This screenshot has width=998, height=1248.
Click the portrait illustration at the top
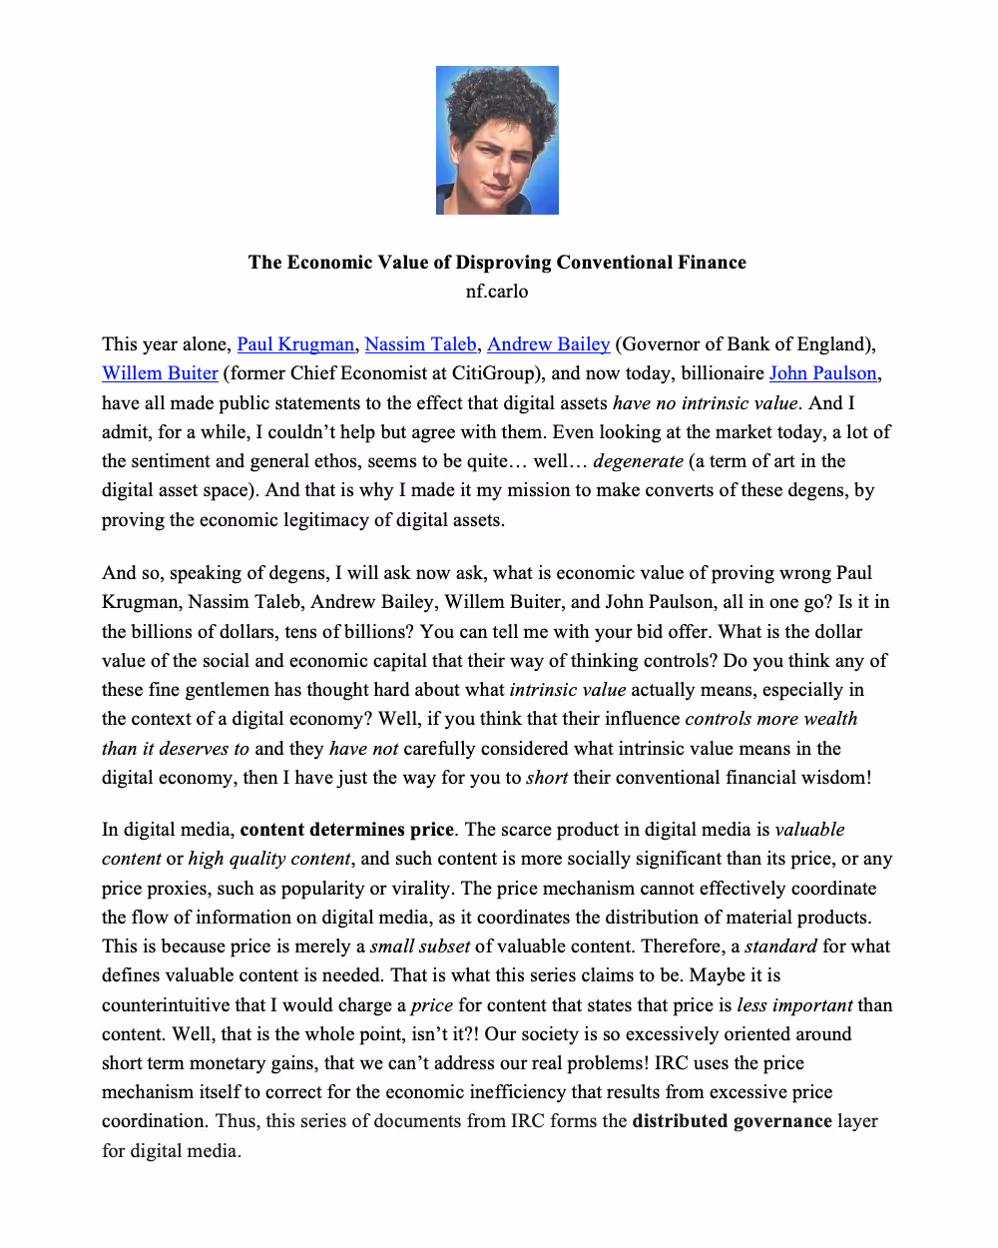pyautogui.click(x=497, y=140)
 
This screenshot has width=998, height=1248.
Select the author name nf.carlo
pyautogui.click(x=497, y=292)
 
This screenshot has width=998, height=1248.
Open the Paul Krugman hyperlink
pyautogui.click(x=295, y=344)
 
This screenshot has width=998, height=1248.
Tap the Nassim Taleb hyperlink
pyautogui.click(x=420, y=344)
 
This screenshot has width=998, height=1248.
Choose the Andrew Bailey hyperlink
pyautogui.click(x=548, y=344)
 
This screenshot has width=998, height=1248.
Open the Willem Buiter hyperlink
pyautogui.click(x=160, y=373)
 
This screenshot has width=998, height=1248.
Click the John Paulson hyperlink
pyautogui.click(x=822, y=373)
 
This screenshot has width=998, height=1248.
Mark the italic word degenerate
pyautogui.click(x=638, y=461)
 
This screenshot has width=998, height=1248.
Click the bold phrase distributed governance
pyautogui.click(x=732, y=1121)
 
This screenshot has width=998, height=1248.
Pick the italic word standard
pyautogui.click(x=781, y=946)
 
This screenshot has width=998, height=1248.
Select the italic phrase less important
pyautogui.click(x=794, y=1005)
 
